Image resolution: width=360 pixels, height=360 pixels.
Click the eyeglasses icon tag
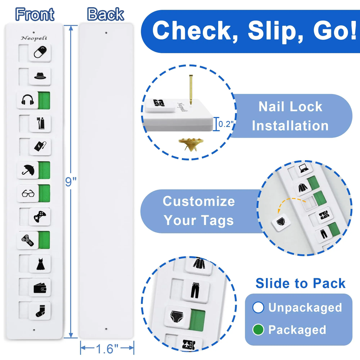click(28, 193)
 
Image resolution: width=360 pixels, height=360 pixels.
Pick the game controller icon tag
click(39, 217)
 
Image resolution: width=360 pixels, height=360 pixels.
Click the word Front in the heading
click(34, 15)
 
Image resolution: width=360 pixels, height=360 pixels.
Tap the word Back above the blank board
click(105, 15)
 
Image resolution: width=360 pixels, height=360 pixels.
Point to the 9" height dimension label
click(70, 181)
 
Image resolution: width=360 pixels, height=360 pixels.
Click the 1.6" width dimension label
click(106, 349)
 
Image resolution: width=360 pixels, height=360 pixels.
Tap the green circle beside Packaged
click(258, 330)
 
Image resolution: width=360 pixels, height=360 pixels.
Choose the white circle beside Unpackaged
click(258, 307)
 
